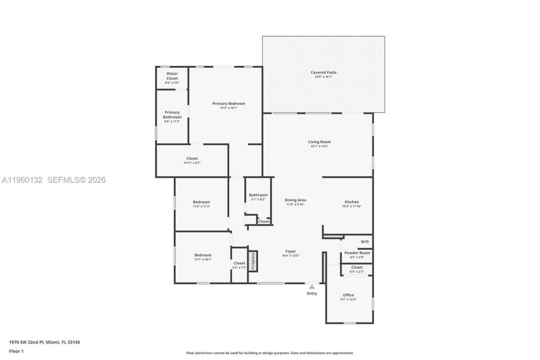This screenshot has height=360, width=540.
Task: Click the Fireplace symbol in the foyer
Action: [253, 261]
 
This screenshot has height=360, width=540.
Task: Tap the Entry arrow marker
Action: [312, 287]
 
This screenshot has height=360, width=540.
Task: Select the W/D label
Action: [364, 241]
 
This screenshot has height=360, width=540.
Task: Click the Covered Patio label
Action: [324, 73]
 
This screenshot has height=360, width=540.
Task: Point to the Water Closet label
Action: [172, 76]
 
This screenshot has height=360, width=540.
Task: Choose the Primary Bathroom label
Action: [172, 115]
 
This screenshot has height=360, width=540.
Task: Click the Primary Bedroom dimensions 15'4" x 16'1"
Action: [229, 108]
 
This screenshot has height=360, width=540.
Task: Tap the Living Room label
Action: [319, 142]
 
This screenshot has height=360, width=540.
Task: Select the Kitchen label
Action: [351, 202]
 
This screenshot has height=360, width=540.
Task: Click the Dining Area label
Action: [295, 200]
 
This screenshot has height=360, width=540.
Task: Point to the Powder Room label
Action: [357, 253]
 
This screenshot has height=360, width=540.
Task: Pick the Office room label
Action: [348, 295]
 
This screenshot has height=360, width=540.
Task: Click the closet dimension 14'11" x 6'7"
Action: [192, 163]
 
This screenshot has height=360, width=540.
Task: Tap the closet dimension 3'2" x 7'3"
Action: [239, 268]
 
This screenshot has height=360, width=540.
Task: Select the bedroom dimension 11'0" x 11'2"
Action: [201, 206]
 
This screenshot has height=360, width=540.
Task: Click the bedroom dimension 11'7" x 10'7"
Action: [202, 260]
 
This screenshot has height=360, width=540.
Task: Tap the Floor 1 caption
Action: [16, 351]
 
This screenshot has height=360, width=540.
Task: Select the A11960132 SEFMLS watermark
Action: [54, 180]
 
